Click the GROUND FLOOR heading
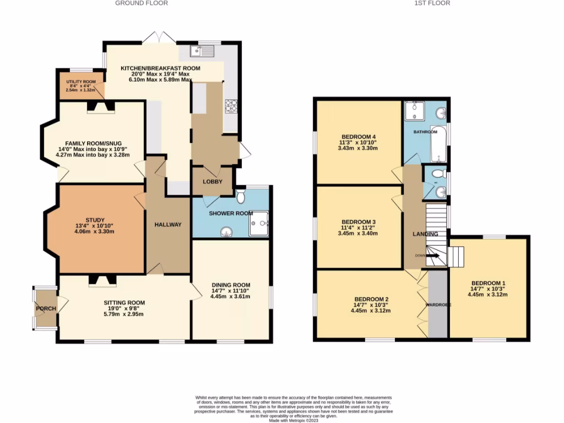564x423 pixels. pyautogui.click(x=142, y=3)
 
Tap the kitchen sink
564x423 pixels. pyautogui.click(x=202, y=51)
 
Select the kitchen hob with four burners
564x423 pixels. pyautogui.click(x=230, y=106)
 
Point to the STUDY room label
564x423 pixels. pyautogui.click(x=91, y=220)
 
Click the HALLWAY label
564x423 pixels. pyautogui.click(x=167, y=225)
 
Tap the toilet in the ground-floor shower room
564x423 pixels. pyautogui.click(x=241, y=197)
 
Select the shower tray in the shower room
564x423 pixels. pyautogui.click(x=258, y=223)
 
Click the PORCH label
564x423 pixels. pyautogui.click(x=46, y=308)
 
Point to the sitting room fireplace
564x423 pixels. pyautogui.click(x=102, y=281)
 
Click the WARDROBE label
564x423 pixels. pyautogui.click(x=438, y=305)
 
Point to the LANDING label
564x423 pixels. pyautogui.click(x=426, y=234)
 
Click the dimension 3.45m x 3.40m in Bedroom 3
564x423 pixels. pyautogui.click(x=359, y=234)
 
